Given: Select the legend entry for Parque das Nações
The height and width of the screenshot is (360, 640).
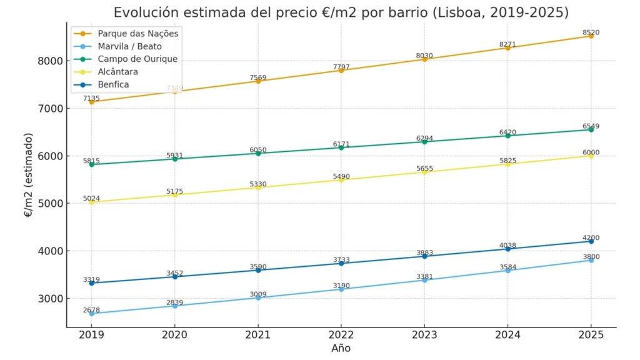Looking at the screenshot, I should tap(138, 33).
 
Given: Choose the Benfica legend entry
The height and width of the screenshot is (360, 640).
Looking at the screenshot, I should tap(114, 84).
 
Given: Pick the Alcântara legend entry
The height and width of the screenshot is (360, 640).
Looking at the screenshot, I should tap(118, 72).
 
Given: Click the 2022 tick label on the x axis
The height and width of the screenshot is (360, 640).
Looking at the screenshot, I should tap(341, 335).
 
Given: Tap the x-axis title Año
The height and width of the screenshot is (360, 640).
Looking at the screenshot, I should tap(341, 348).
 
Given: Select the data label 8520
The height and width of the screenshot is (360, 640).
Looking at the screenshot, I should tap(591, 32).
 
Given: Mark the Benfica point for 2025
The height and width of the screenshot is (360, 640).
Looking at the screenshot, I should tap(591, 241).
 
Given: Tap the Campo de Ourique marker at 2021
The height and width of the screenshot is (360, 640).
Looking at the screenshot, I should tap(258, 153).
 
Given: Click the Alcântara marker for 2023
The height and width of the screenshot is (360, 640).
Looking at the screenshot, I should tap(424, 172).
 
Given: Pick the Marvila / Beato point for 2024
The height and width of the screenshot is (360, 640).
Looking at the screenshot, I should tap(507, 270).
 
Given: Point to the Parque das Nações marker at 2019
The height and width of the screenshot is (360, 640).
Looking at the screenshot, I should tap(91, 102).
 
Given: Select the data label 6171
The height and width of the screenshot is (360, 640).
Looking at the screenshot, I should tap(341, 144).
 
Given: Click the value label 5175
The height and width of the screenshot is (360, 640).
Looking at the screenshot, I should tap(174, 191).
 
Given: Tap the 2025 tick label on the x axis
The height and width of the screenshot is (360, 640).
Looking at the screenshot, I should tap(591, 335).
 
